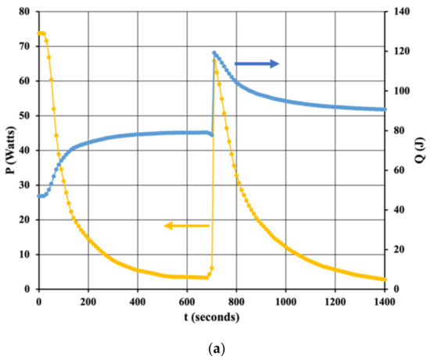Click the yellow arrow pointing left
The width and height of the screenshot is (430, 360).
[x=186, y=226]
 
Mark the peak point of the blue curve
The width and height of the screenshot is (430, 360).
[x=214, y=53]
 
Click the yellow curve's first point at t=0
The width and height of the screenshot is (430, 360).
[x=38, y=33]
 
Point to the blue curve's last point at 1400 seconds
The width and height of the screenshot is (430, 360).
[x=384, y=109]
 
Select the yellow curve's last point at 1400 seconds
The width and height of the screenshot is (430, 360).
[x=384, y=280]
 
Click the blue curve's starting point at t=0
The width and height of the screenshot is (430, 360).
[x=38, y=196]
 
